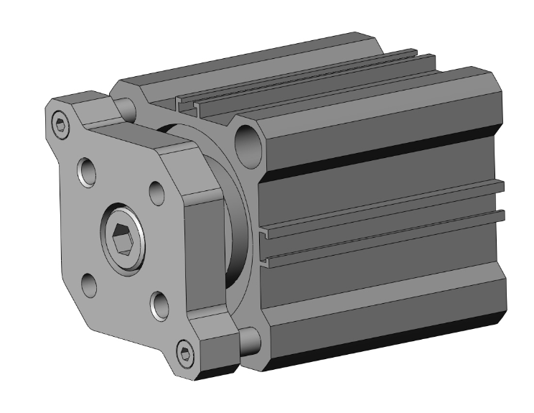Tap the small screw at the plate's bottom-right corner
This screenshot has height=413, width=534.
pyautogui.click(x=187, y=353)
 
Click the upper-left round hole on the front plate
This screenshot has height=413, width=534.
pyautogui.click(x=87, y=172)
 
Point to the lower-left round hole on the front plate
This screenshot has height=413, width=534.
pyautogui.click(x=90, y=285)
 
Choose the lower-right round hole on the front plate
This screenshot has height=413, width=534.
pyautogui.click(x=159, y=306)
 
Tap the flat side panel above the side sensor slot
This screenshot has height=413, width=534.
pyautogui.click(x=380, y=187)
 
